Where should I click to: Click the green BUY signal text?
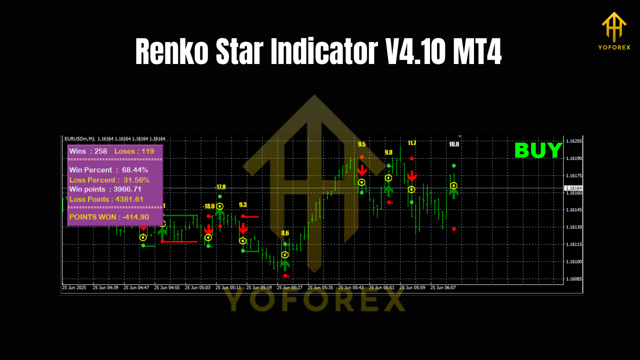pyautogui.click(x=538, y=150)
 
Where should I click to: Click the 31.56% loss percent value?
pyautogui.click(x=135, y=180)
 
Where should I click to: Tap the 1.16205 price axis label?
pyautogui.click(x=573, y=141)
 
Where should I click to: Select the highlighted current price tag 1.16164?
pyautogui.click(x=573, y=188)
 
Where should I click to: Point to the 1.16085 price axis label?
pyautogui.click(x=573, y=278)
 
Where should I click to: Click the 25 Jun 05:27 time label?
pyautogui.click(x=289, y=287)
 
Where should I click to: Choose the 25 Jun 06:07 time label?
pyautogui.click(x=443, y=287)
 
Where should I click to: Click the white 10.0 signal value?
pyautogui.click(x=454, y=144)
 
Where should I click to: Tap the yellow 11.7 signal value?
pyautogui.click(x=411, y=143)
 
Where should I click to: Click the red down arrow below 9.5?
pyautogui.click(x=361, y=170)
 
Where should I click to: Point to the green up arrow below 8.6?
pyautogui.click(x=285, y=264)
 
